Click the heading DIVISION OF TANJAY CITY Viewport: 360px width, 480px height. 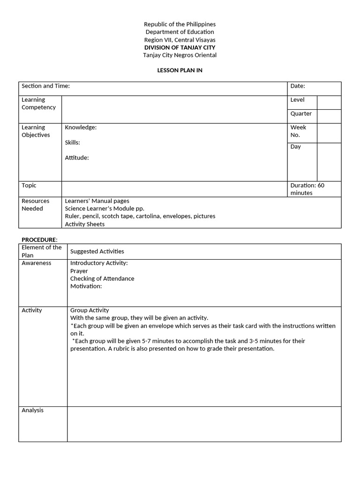tap(180, 47)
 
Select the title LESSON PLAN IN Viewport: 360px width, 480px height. tap(180, 70)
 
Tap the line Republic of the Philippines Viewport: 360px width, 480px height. tap(180, 24)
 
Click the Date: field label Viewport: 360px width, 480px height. tap(298, 86)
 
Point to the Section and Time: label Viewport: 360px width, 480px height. tap(45, 86)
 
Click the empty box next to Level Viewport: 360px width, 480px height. tap(329, 103)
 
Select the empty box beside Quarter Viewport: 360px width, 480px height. tap(329, 116)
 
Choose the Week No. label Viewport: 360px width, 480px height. tap(298, 131)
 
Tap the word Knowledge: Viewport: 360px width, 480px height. tap(81, 127)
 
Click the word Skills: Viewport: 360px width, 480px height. tap(72, 142)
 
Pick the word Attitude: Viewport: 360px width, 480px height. tap(77, 158)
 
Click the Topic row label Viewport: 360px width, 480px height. tap(29, 186)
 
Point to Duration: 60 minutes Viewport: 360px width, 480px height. tap(307, 189)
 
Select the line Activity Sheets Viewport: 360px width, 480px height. tap(85, 224)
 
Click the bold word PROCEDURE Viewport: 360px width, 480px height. tap(39, 240)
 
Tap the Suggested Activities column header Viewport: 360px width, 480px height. tap(97, 252)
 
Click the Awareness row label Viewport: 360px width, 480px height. tap(37, 263)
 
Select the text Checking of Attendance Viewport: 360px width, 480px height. tap(102, 278)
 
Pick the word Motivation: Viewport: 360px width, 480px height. tap(86, 286)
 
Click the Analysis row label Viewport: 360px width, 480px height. tap(32, 410)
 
